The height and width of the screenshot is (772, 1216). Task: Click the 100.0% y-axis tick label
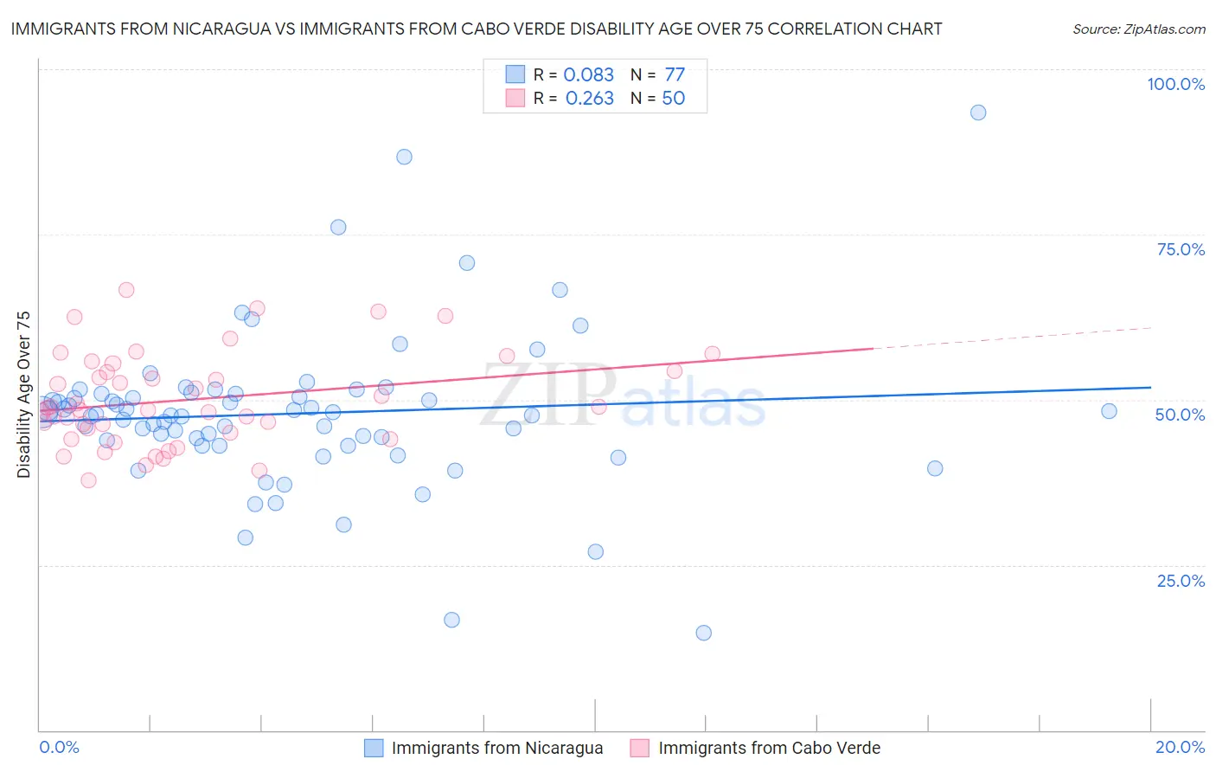[1175, 84]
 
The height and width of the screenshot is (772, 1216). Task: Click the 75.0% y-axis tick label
[1181, 249]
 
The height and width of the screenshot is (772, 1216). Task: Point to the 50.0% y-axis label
[1180, 415]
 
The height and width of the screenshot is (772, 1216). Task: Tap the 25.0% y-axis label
[1181, 581]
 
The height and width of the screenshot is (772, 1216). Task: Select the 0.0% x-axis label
[59, 747]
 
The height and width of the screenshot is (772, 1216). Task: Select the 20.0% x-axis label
[1180, 747]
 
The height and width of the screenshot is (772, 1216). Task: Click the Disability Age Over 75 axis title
[24, 395]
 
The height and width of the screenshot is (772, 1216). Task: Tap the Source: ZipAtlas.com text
[1138, 29]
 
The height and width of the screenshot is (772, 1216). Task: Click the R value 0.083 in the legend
[588, 74]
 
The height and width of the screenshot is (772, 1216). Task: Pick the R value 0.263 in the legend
[589, 99]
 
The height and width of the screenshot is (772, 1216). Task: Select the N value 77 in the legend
[674, 74]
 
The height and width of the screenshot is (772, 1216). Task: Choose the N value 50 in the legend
[673, 99]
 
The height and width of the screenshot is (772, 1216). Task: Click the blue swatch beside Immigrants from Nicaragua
[374, 748]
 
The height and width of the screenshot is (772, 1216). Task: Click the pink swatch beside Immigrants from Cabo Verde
[640, 748]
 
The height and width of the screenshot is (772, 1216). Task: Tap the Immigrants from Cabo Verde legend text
[769, 748]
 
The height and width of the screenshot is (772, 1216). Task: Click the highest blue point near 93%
[978, 113]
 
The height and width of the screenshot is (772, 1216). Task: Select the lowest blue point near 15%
[704, 633]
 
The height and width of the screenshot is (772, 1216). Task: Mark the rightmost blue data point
[1109, 411]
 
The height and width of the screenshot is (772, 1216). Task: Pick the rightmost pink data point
[713, 353]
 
